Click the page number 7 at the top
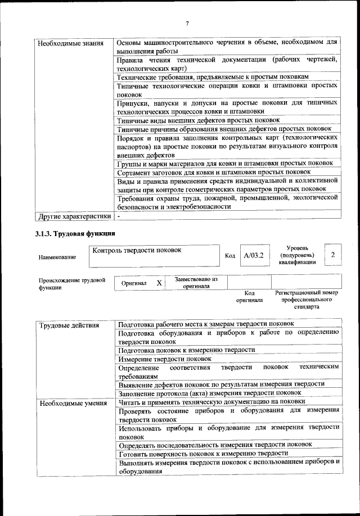pos(187,23)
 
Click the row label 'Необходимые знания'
pos(63,43)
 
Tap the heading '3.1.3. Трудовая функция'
pos(75,233)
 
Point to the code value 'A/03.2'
pos(251,256)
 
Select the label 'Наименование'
pos(57,257)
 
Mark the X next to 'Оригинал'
pos(159,283)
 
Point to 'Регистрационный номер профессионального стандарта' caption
pos(307,300)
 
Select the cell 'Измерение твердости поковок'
pos(165,358)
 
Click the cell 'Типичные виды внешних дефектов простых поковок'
pos(199,120)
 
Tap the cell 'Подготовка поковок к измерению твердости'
pos(187,349)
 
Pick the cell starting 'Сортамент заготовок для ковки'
pos(214,171)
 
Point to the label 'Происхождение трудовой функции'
pos(72,283)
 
